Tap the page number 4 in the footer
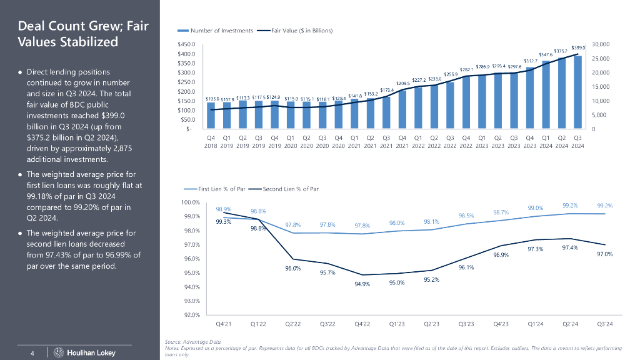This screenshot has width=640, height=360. coord(32,354)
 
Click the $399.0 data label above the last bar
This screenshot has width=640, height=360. coord(577,47)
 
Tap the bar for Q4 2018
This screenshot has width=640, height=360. coord(211,116)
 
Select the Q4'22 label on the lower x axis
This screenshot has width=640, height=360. coord(362,324)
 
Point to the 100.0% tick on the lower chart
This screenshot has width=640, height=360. coord(189,202)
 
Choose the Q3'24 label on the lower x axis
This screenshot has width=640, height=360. coord(604,324)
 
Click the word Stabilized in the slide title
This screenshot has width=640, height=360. coord(67,42)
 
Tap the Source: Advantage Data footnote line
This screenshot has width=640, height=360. coord(193,342)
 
